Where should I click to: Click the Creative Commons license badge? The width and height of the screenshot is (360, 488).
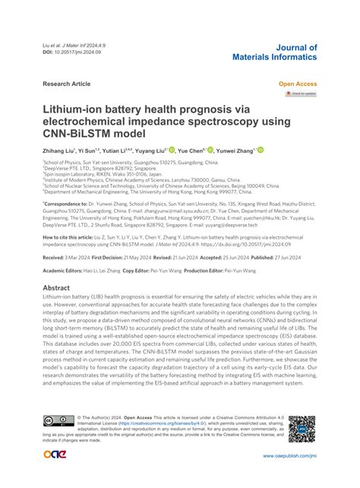[x=58, y=422]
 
